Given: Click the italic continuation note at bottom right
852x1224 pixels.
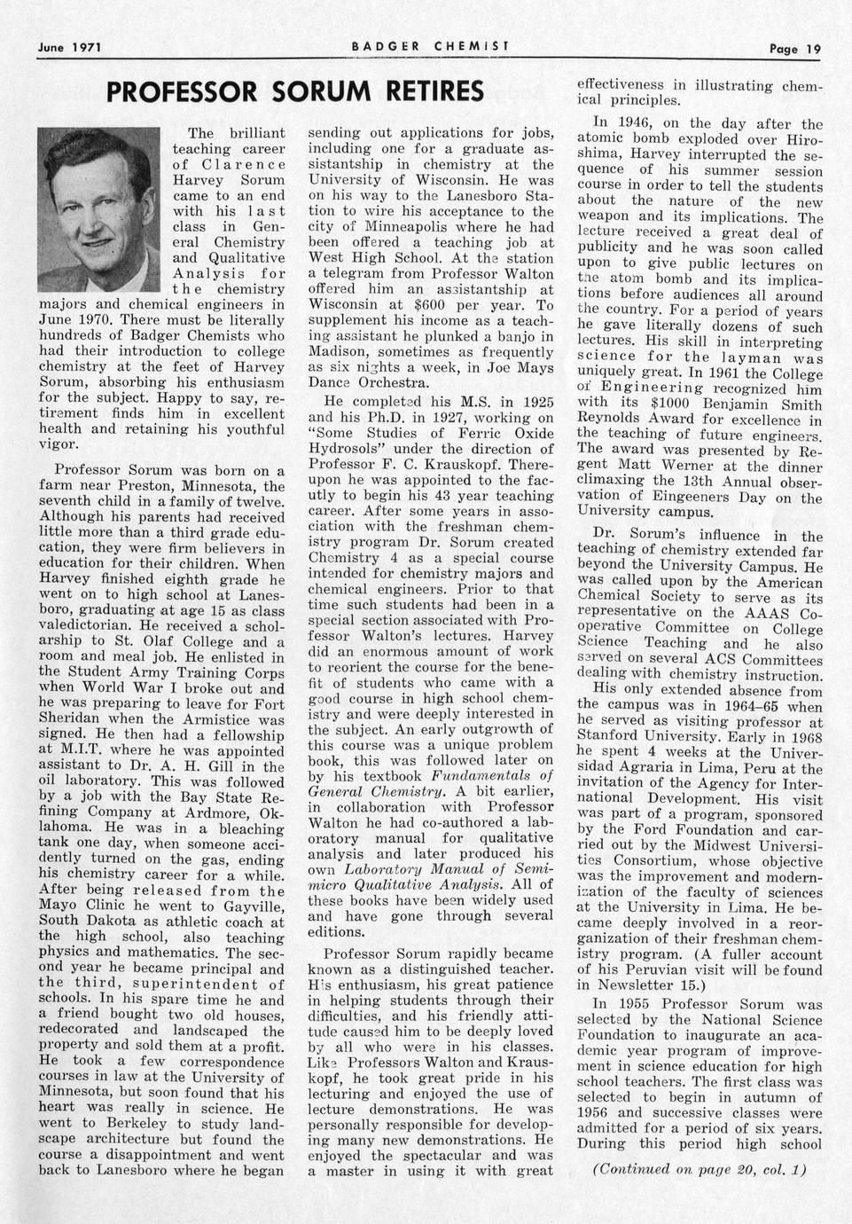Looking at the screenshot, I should (x=699, y=1169).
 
